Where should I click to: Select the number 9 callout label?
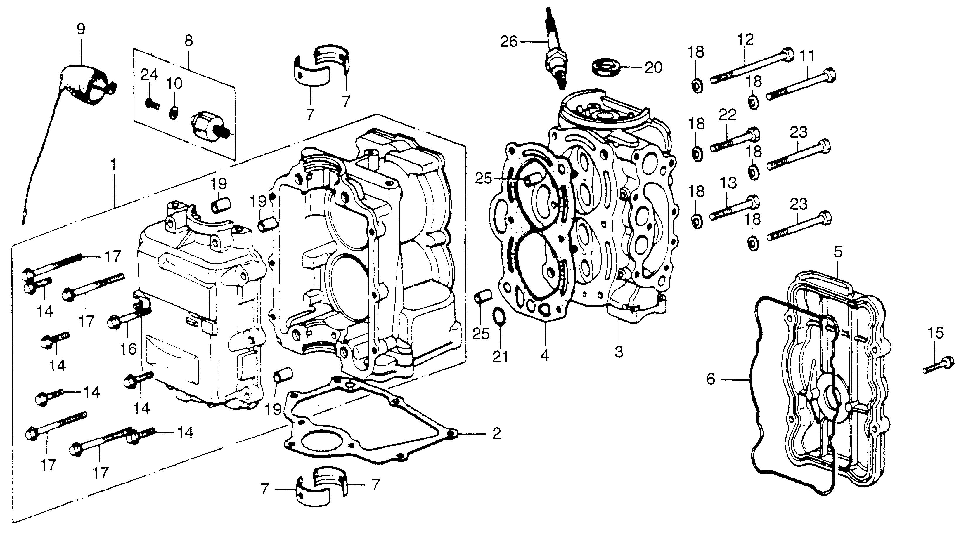[81, 29]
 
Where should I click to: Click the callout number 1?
[114, 165]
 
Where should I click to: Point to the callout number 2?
[496, 434]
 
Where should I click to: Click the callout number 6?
[711, 379]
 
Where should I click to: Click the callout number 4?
[545, 355]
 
